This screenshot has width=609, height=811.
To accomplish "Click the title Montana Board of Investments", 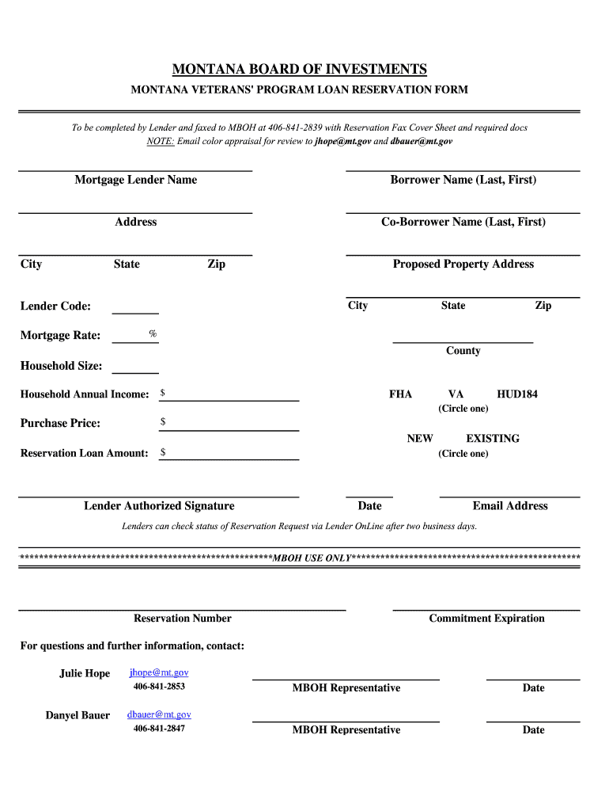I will (x=300, y=69).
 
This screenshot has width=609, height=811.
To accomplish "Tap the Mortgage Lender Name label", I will (x=135, y=180).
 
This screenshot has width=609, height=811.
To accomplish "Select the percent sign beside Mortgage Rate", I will (x=153, y=334).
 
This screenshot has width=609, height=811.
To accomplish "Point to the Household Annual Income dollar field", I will (x=229, y=394).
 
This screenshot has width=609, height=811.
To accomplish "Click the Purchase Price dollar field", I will (x=229, y=424).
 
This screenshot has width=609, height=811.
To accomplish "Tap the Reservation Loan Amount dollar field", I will (x=229, y=454).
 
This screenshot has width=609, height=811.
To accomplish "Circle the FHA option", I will (x=400, y=394).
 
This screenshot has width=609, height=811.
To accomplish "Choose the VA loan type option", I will (x=456, y=394).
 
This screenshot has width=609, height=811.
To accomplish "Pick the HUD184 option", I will (x=516, y=394).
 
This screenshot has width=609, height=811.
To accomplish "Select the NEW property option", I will (x=420, y=438).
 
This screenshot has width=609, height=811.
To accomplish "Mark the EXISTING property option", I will (x=493, y=438).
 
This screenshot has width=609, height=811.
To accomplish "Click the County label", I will (x=463, y=351).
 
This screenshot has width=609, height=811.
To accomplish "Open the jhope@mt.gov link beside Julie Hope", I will (x=159, y=672).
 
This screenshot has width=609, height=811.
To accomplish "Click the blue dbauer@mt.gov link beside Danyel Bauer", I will (x=159, y=714).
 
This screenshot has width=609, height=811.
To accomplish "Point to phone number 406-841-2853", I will (x=159, y=687).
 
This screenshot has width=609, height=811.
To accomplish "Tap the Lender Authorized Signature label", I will (x=159, y=506).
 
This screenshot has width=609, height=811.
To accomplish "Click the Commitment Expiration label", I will (x=486, y=619).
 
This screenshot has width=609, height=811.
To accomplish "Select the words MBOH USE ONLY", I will (x=311, y=558).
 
